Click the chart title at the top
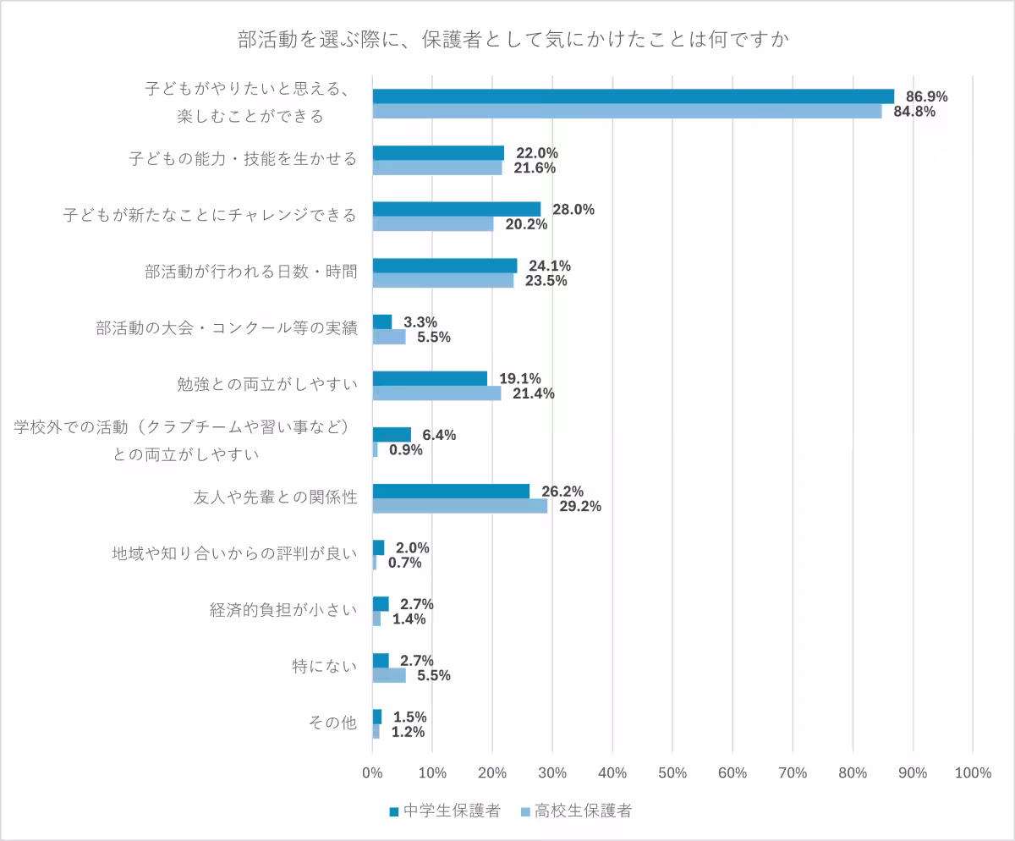click(x=507, y=40)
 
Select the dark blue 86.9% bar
click(x=633, y=96)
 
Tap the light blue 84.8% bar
click(x=627, y=111)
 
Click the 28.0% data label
click(x=573, y=210)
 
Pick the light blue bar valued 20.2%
click(x=433, y=224)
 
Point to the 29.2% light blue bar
click(x=460, y=506)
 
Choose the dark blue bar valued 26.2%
click(x=451, y=492)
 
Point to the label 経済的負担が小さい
click(x=283, y=611)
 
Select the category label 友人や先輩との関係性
click(x=276, y=498)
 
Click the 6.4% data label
click(x=439, y=435)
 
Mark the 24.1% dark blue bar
click(x=445, y=266)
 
